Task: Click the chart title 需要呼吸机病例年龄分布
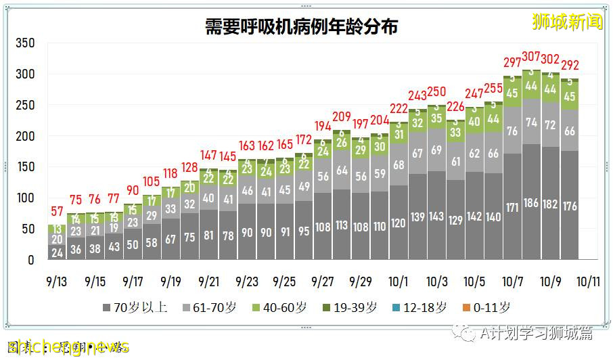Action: click(x=302, y=27)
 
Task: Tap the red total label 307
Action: click(x=530, y=57)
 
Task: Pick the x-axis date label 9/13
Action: click(x=56, y=279)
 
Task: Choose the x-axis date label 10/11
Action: click(x=587, y=279)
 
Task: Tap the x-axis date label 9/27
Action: click(x=321, y=279)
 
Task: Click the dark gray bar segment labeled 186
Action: click(x=530, y=203)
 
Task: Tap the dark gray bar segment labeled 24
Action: click(x=56, y=252)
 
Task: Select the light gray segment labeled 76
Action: click(x=512, y=131)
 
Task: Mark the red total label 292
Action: click(x=568, y=66)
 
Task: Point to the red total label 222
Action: click(x=398, y=110)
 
